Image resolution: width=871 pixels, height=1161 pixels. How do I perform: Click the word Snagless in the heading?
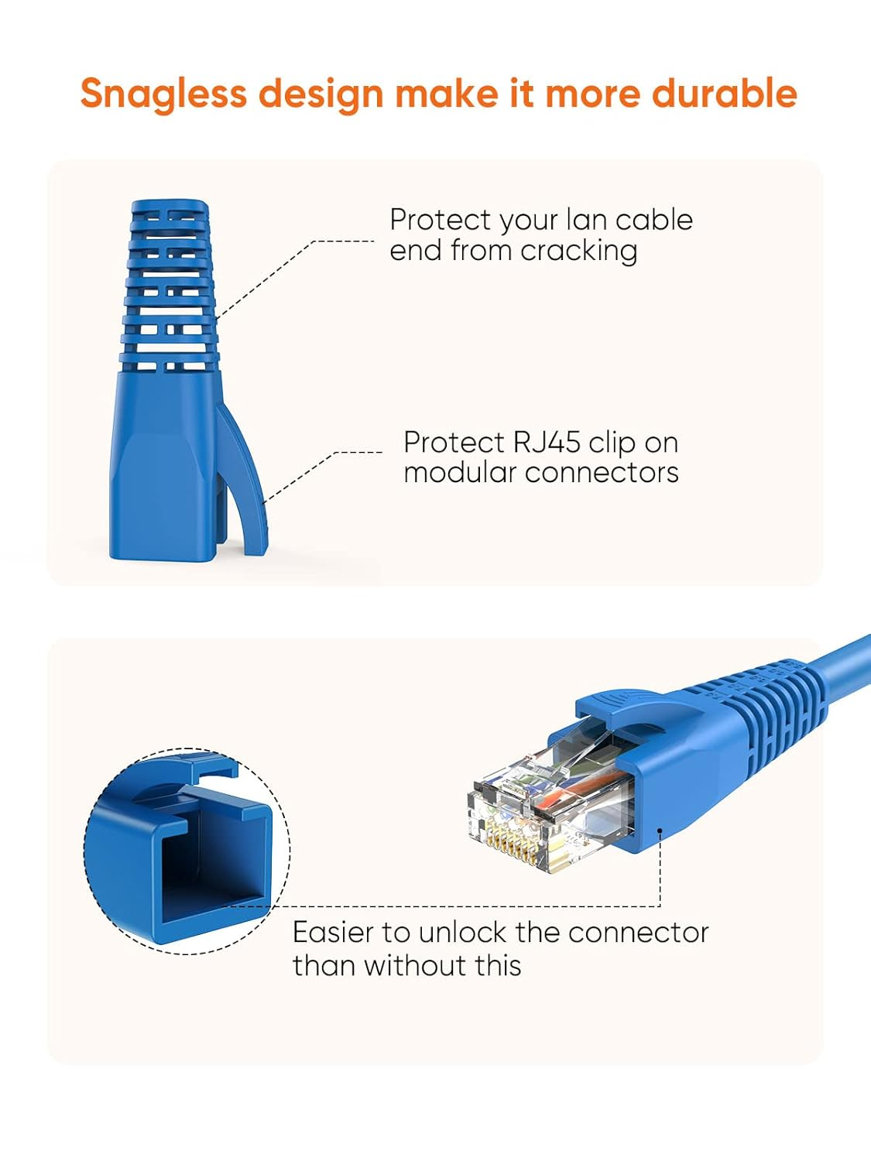(x=163, y=94)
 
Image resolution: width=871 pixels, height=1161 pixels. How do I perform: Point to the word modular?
(x=456, y=472)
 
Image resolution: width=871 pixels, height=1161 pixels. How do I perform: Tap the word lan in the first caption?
(x=586, y=221)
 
